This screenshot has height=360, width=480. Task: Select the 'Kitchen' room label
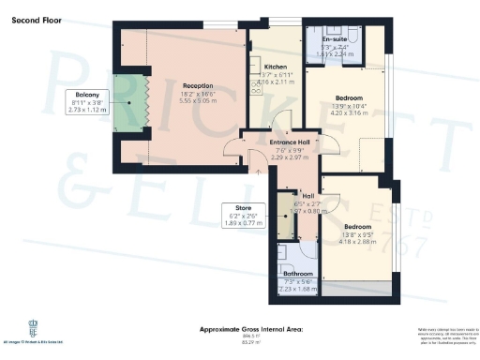(x=275, y=67)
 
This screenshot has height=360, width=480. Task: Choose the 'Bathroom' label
(x=299, y=275)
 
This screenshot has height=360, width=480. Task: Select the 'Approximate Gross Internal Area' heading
(x=258, y=330)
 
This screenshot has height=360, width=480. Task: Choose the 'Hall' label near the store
(x=307, y=196)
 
